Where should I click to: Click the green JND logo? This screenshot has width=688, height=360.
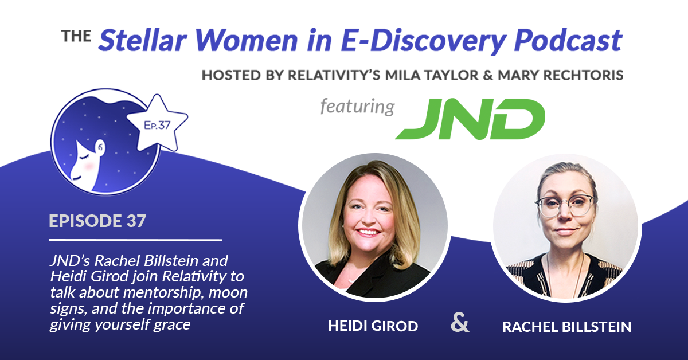coord(470,119)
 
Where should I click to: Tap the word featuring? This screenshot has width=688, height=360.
coord(357,107)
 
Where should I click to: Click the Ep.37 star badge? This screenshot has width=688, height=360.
coord(157,123)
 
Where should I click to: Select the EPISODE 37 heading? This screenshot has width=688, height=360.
coord(97,221)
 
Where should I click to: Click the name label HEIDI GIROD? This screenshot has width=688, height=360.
coord(373,326)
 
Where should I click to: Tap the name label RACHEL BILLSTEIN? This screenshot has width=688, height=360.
coord(566,327)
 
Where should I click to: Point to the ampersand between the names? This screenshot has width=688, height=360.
coord(460,322)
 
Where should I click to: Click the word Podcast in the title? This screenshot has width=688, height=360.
coord(568,40)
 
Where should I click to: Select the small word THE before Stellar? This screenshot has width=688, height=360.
coord(76,36)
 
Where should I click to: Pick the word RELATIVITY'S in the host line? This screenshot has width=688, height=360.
coord(334,75)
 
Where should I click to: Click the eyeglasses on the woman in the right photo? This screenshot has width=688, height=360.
coord(565,205)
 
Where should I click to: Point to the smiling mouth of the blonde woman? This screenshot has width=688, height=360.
coord(368,232)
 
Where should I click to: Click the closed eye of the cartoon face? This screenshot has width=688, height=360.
coord(84,158)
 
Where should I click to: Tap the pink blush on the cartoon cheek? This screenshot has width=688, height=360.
coord(89,166)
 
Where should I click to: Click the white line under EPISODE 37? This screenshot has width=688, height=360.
coord(135,240)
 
